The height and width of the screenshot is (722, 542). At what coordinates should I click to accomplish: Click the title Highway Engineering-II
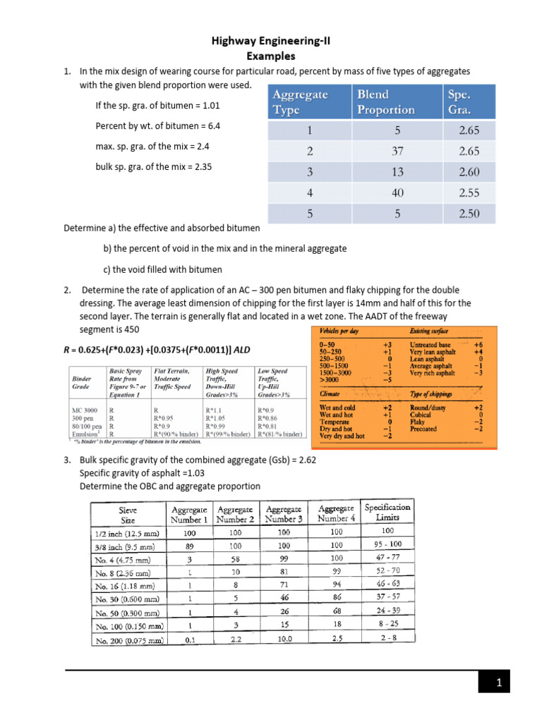pos(271,42)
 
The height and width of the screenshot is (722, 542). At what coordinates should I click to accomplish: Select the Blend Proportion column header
pos(385,102)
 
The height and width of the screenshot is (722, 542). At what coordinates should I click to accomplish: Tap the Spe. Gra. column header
pos(460,102)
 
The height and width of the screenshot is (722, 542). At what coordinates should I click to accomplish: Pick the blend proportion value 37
pos(396,152)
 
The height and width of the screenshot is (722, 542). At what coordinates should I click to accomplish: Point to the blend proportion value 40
pos(396,192)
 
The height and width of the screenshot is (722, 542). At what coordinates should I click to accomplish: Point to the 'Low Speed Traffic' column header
pos(277,381)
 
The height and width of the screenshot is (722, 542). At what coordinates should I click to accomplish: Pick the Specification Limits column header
pos(387,512)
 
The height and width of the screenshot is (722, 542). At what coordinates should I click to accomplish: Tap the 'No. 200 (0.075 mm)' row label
pos(128,640)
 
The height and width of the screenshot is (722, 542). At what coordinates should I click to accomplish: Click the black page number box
pos(498,682)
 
